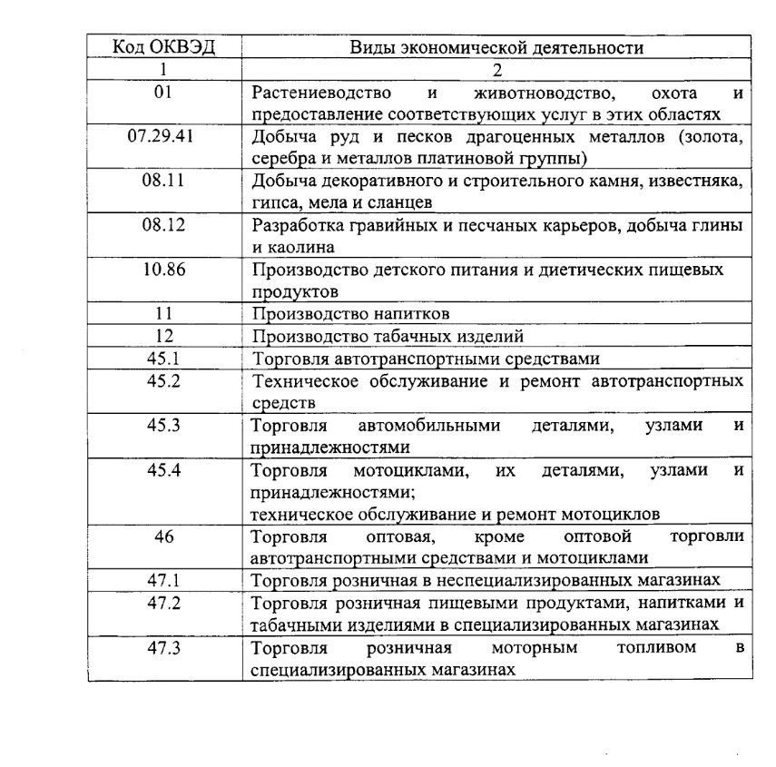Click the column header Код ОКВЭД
point(163,48)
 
